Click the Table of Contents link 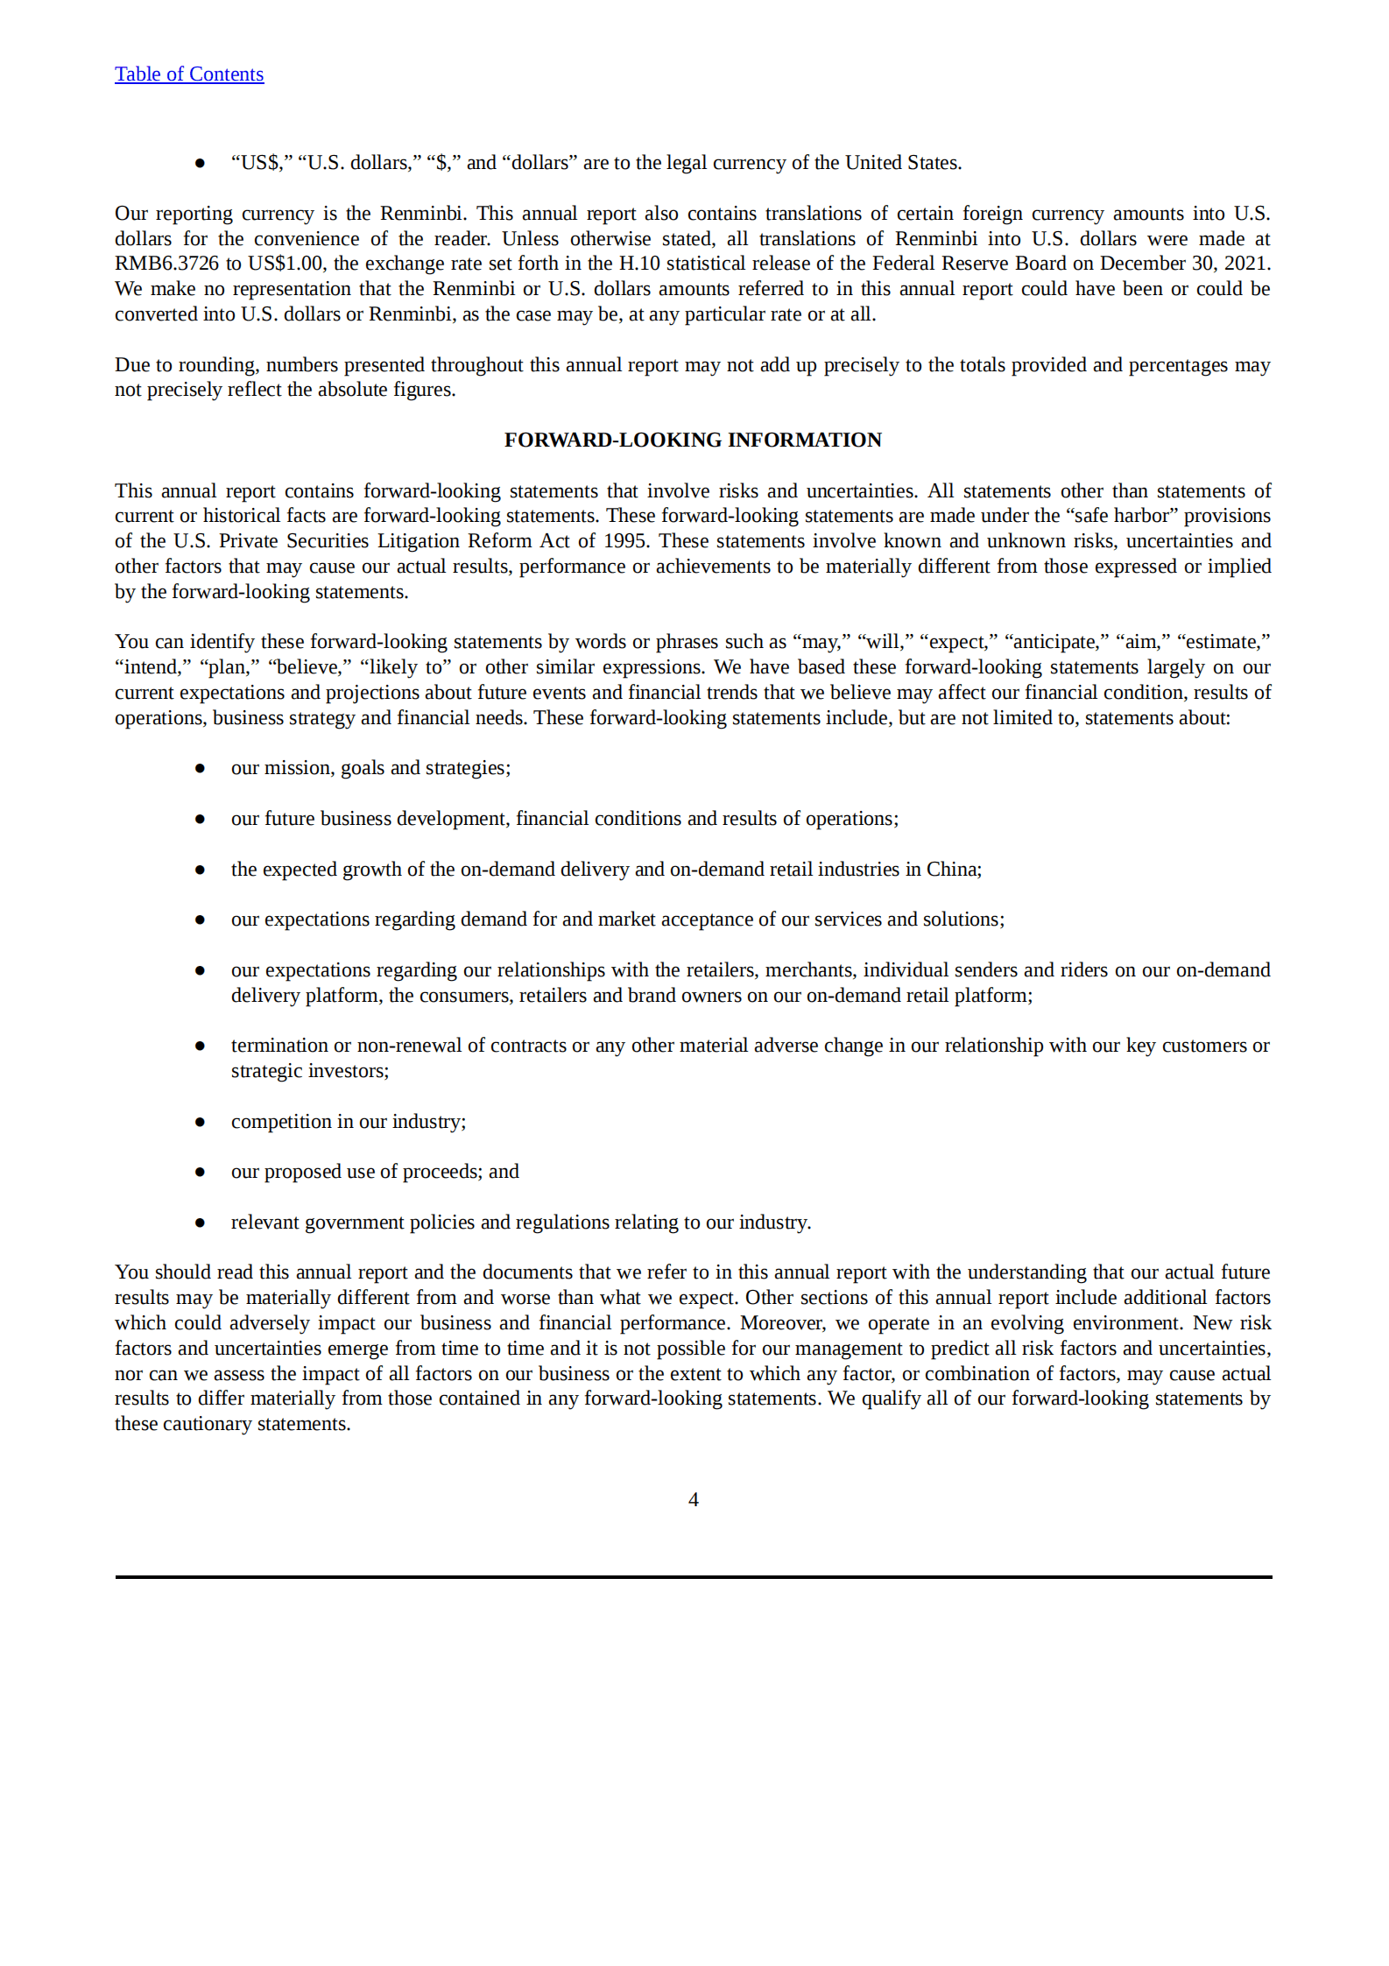pos(188,74)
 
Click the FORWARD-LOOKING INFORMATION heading pos(693,440)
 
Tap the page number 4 pos(693,1499)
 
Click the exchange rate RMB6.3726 pos(166,264)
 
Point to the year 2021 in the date pos(1246,264)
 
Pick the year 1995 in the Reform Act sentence pos(625,541)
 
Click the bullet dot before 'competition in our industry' pos(200,1122)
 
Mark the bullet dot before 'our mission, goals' pos(200,768)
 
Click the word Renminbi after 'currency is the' pos(422,214)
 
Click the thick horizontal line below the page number pos(693,1577)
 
